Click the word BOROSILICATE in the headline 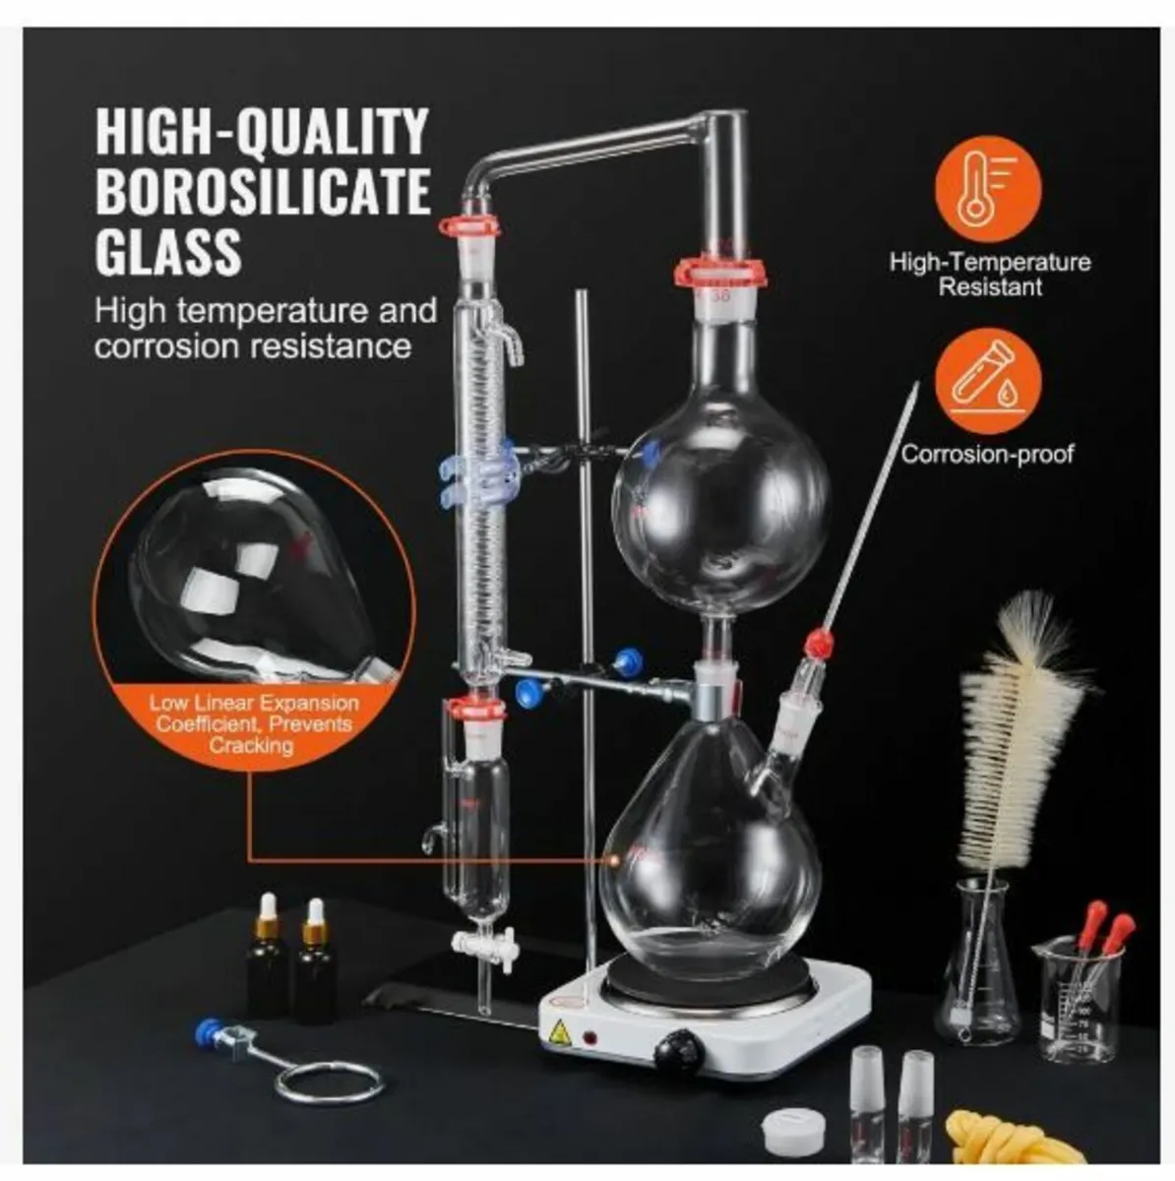point(263,191)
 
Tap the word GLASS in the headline point(168,251)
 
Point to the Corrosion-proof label point(987,454)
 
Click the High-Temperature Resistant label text point(990,275)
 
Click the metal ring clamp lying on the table point(314,1081)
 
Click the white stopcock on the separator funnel point(480,948)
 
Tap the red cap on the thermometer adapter point(816,645)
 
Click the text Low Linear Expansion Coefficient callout point(253,724)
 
